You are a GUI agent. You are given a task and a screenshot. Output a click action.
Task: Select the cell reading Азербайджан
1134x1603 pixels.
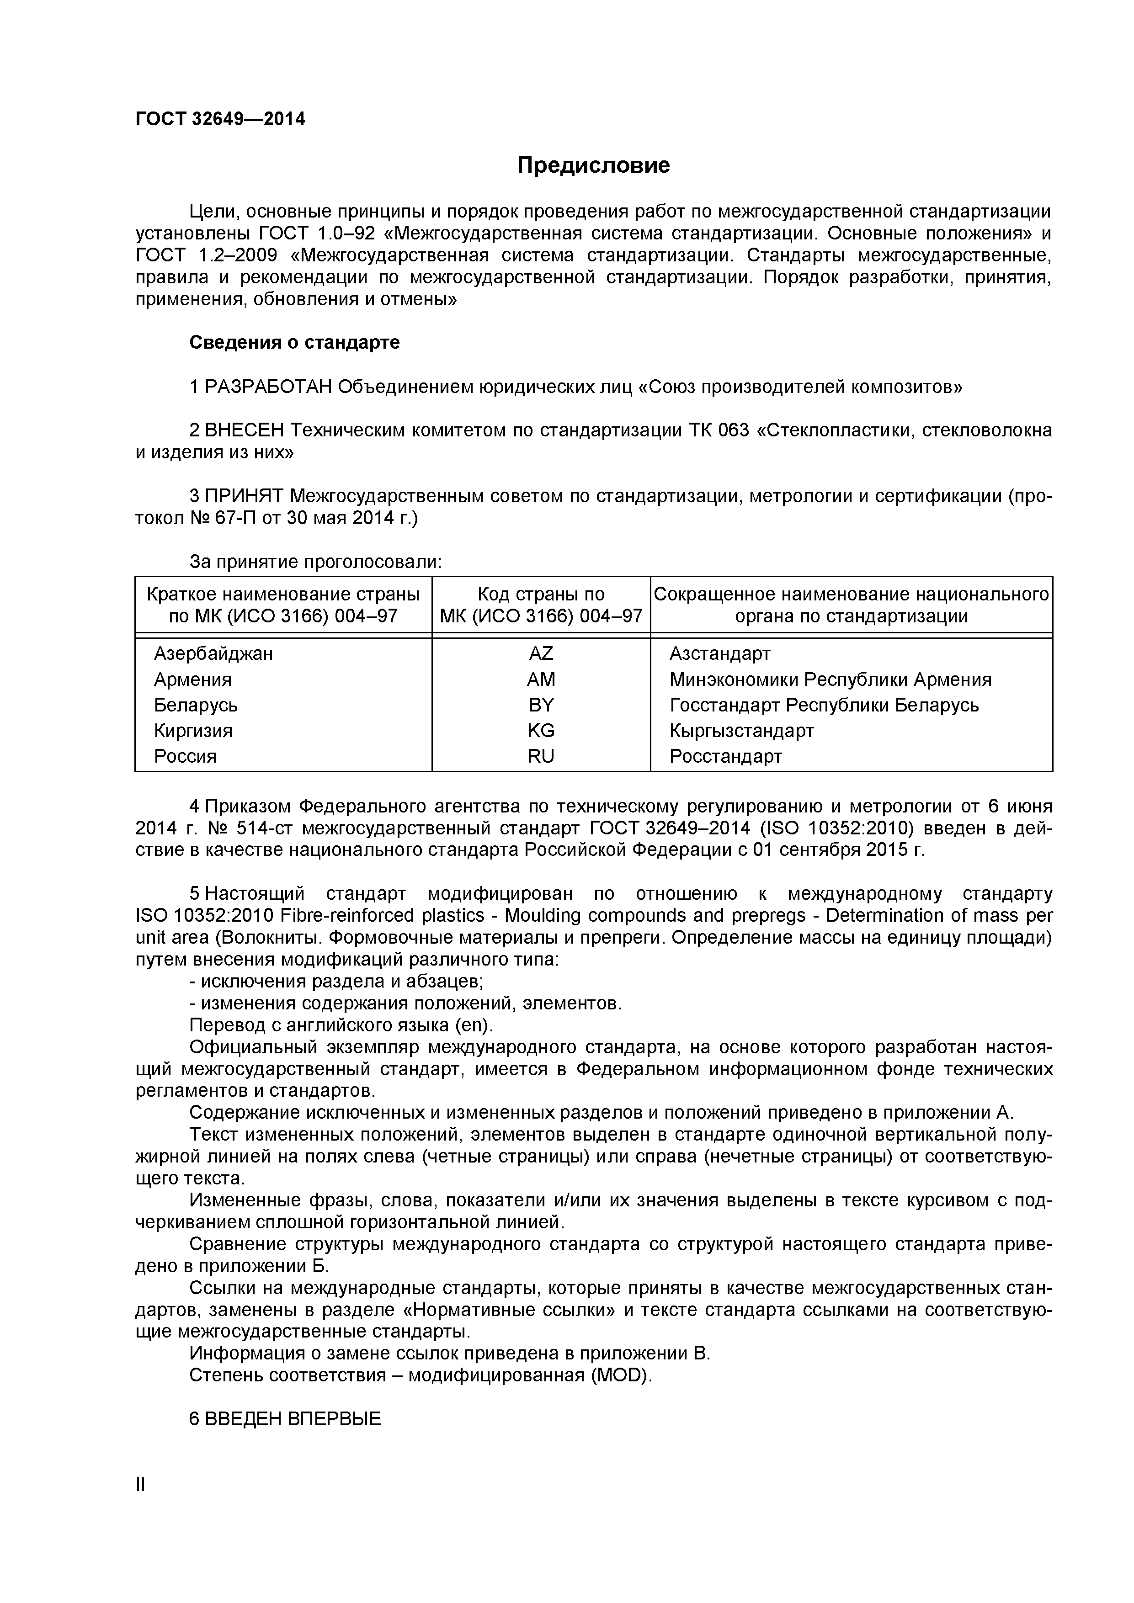coord(213,653)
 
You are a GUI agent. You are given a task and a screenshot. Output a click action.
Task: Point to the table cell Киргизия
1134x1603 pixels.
coord(193,730)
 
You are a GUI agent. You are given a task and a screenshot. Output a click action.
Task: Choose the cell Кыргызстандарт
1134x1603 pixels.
coord(741,730)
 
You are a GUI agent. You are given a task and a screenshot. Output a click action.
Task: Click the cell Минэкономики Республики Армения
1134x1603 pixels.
coord(830,679)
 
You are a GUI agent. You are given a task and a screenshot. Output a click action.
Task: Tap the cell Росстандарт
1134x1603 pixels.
coord(725,756)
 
